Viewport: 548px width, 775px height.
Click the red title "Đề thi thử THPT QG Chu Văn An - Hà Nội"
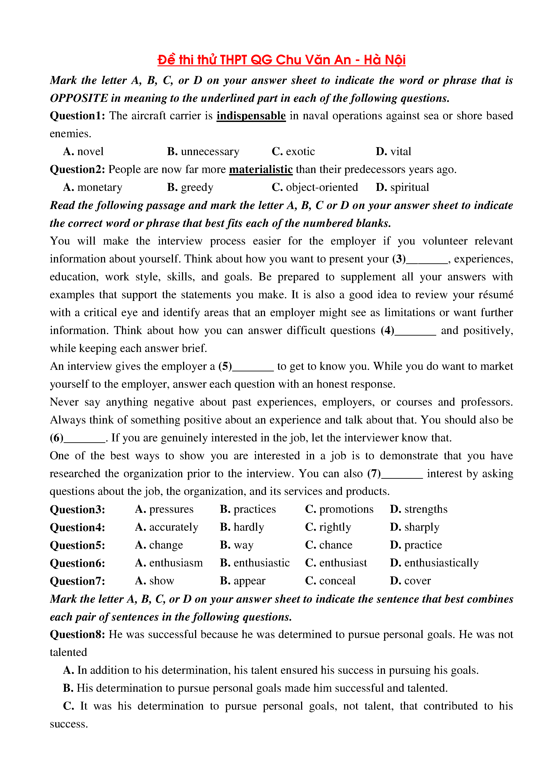[x=281, y=60]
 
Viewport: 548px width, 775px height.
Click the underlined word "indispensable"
[x=251, y=116]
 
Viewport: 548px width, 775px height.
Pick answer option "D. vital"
[x=393, y=152]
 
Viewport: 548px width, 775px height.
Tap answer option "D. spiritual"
[x=402, y=187]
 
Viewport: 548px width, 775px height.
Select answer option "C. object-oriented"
[x=315, y=187]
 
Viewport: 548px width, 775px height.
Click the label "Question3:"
[x=78, y=510]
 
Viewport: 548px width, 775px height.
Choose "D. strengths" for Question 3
[x=418, y=509]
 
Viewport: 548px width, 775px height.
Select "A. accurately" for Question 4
[x=166, y=527]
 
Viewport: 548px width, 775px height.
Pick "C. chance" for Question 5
[x=329, y=545]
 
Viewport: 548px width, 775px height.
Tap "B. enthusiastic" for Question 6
[x=255, y=563]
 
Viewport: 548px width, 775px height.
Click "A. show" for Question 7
[x=154, y=581]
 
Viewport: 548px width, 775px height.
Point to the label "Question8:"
[x=78, y=634]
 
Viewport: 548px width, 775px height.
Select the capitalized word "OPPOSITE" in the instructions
[x=79, y=98]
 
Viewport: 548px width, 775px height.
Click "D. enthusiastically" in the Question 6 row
[x=434, y=563]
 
